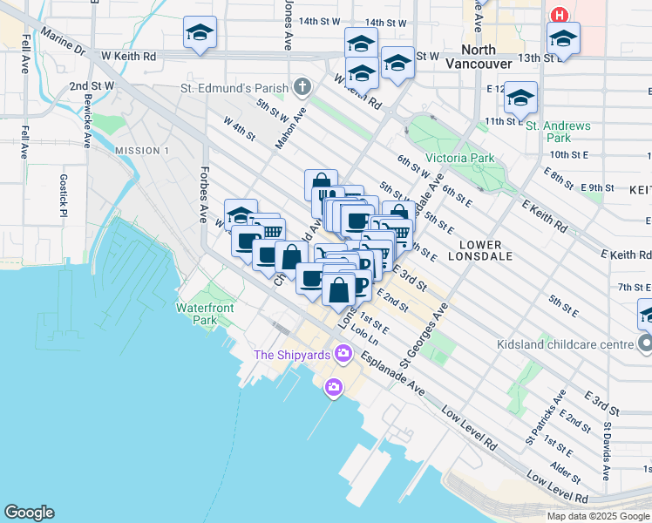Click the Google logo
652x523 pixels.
(29, 513)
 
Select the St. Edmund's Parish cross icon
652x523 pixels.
(302, 86)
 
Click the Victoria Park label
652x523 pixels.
(460, 159)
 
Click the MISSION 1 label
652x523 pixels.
(141, 151)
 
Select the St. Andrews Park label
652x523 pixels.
(559, 132)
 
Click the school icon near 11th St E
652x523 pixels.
(520, 98)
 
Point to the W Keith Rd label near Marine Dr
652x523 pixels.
(128, 56)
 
